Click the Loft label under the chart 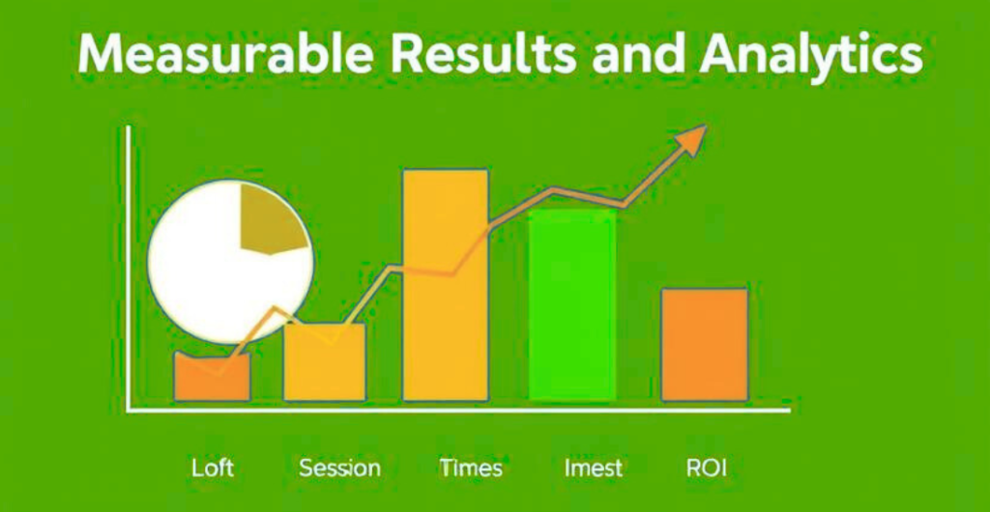pos(212,469)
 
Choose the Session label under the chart pos(339,469)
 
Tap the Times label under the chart pos(471,469)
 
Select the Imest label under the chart pos(593,469)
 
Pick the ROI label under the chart pos(706,469)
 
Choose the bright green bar pos(572,309)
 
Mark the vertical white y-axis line pos(128,270)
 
